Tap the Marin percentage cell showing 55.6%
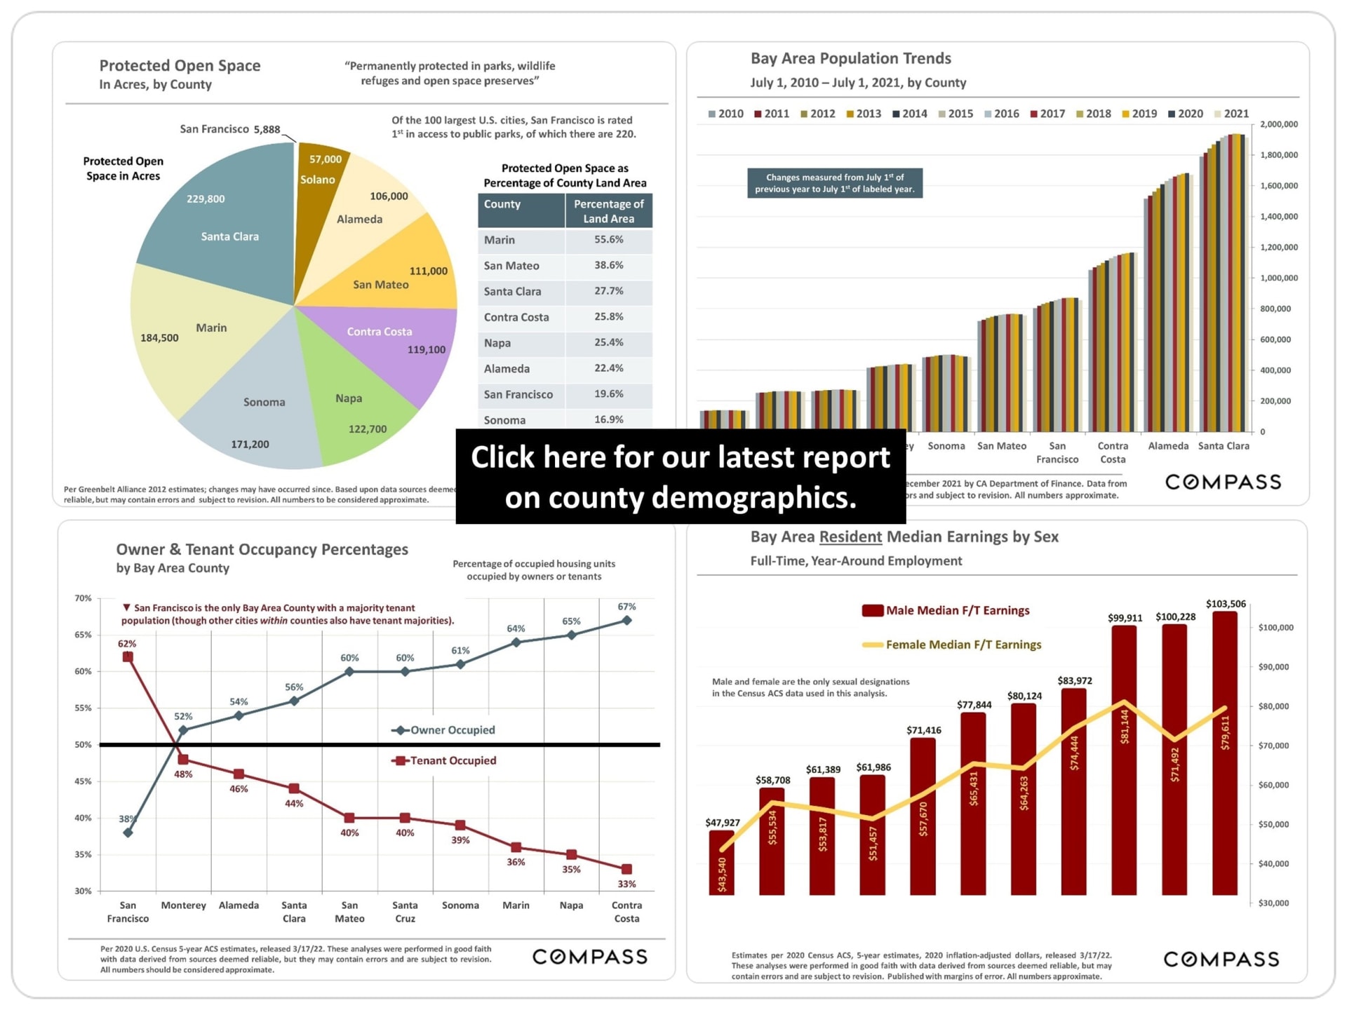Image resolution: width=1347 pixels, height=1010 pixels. tap(608, 240)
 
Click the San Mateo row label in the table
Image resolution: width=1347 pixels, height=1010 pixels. tap(511, 266)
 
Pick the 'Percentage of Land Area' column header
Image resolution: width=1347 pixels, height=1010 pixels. tap(608, 211)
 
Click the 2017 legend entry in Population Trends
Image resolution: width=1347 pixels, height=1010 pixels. tap(1047, 114)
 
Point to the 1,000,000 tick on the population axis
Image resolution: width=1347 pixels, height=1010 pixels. tap(1279, 278)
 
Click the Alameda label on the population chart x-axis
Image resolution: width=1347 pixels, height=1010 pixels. tap(1168, 446)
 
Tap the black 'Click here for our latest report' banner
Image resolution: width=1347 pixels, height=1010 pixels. tap(680, 477)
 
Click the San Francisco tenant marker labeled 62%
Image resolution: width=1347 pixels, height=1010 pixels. tap(128, 657)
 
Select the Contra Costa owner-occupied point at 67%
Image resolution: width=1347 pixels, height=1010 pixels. tap(626, 621)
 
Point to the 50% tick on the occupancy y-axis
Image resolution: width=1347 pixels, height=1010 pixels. tap(83, 745)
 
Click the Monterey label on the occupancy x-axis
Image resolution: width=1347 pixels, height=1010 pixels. tap(183, 905)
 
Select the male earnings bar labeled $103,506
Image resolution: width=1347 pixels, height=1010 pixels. tap(1225, 750)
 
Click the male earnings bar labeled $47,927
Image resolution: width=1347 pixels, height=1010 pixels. tap(721, 863)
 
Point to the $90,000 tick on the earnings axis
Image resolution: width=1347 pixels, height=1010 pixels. tap(1273, 667)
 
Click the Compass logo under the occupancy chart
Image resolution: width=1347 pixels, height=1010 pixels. tap(589, 957)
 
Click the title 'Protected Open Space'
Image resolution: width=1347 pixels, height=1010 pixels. tap(180, 66)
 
